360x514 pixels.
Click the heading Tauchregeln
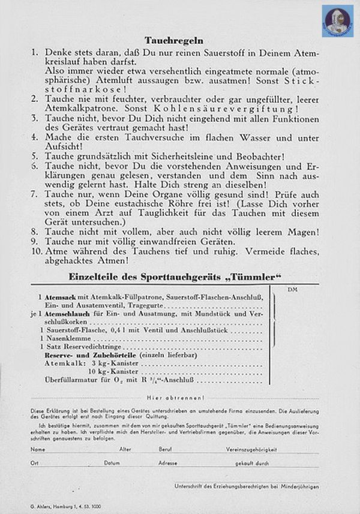(x=165, y=40)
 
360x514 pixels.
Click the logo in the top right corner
(x=338, y=21)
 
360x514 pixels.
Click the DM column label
(x=293, y=290)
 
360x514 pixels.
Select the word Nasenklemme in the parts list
(x=67, y=338)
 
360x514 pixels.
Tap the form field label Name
(x=37, y=449)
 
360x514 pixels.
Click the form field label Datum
(x=112, y=463)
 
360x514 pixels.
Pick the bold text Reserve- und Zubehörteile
(x=90, y=355)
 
